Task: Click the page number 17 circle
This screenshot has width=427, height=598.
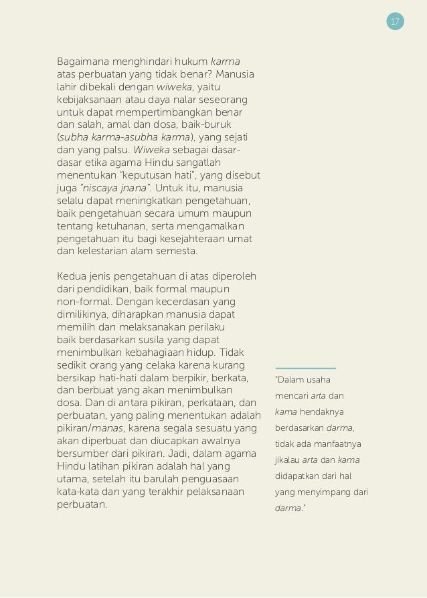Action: click(395, 22)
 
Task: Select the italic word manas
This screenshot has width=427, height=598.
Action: click(106, 427)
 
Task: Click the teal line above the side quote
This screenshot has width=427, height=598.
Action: click(305, 368)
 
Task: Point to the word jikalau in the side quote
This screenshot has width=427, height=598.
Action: click(287, 460)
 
